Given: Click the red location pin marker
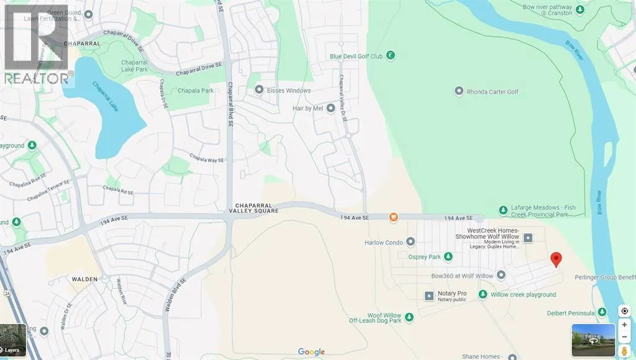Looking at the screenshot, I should [556, 260].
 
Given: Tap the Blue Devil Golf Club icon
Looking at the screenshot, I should [391, 56].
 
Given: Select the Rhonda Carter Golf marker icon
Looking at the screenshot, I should [459, 92].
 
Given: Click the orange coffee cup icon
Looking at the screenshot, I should [393, 217].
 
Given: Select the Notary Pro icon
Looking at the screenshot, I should [428, 295].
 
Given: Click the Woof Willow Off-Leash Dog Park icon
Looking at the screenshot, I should [409, 318].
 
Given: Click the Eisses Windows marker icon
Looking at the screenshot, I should [260, 91].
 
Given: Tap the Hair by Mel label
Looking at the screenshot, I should [309, 109].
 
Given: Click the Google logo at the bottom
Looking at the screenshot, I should [311, 352].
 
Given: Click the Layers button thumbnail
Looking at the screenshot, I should [13, 341].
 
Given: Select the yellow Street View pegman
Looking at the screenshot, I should [624, 352].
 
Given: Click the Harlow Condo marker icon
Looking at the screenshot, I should [411, 242].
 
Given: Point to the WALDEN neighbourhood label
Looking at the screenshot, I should [84, 279].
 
